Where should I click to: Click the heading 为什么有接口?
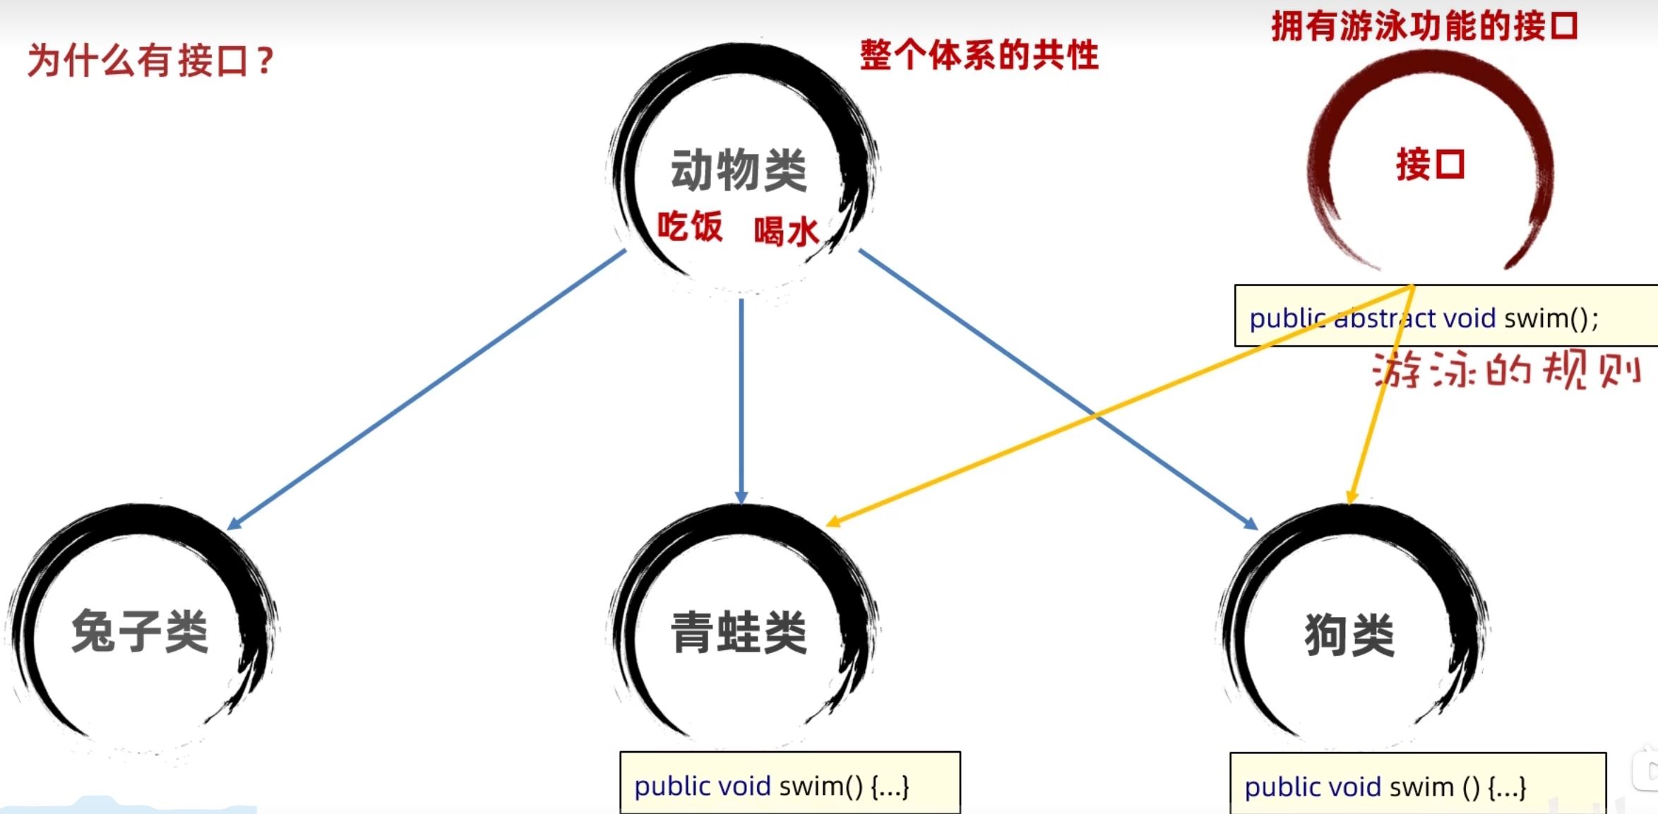coord(150,60)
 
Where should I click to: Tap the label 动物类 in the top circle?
coord(739,170)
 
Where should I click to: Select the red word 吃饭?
coord(690,227)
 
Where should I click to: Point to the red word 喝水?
coord(787,231)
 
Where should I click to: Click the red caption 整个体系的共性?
coord(979,54)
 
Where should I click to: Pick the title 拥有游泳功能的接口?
coord(1425,26)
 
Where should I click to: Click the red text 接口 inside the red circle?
coord(1431,164)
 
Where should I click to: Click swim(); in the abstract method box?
coord(1551,318)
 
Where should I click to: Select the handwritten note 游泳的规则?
coord(1506,369)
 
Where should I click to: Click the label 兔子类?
coord(140,630)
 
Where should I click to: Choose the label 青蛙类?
coord(739,632)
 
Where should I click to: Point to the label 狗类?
coord(1349,635)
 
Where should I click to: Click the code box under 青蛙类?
coord(790,783)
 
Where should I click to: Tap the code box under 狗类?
coord(1418,784)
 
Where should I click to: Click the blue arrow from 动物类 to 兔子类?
coord(427,390)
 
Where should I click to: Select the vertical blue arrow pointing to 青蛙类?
coord(741,402)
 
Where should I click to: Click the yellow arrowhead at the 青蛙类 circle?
coord(834,521)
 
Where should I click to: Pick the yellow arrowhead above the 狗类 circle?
coord(1352,498)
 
